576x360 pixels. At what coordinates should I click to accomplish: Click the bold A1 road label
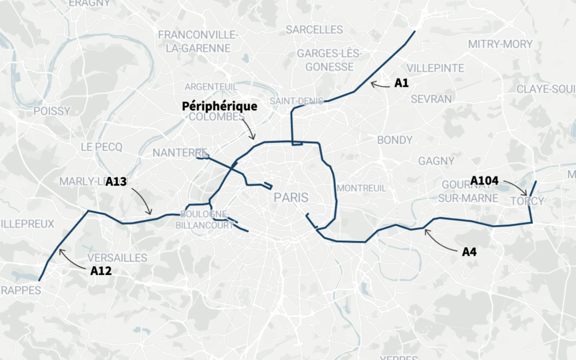401,83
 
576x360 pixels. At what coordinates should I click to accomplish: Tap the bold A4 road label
469,252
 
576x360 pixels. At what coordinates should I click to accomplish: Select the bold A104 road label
484,181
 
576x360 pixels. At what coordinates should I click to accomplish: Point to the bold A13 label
116,181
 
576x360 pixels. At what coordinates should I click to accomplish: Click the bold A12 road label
101,270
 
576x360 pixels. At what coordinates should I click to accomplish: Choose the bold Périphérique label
220,106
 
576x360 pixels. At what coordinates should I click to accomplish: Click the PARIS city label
291,197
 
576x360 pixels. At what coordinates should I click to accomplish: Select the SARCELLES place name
314,29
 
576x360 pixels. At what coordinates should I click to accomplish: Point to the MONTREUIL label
362,188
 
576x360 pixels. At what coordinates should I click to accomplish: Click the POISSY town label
52,111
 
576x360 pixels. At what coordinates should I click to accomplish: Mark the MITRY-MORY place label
501,44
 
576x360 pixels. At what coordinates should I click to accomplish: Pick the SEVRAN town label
431,99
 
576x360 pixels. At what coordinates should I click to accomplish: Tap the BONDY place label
395,140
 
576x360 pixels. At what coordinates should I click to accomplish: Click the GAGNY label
436,161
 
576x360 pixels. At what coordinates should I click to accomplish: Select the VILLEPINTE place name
435,68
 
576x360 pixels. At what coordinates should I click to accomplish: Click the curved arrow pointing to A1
381,84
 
